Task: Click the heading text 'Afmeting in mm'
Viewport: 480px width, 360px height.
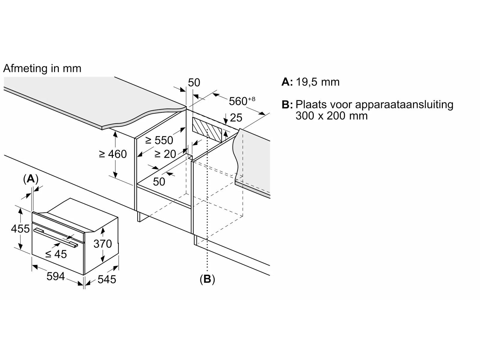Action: coord(42,69)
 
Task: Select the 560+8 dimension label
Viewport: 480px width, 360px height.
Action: coord(241,101)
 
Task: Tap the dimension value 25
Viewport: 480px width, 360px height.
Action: coord(236,118)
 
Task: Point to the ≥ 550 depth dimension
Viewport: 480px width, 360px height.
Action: coord(159,140)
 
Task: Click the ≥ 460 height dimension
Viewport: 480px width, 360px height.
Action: coord(113,154)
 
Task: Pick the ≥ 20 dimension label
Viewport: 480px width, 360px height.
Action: coord(165,154)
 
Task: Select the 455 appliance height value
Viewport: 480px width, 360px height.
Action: coord(20,229)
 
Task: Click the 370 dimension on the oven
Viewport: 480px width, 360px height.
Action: coord(103,244)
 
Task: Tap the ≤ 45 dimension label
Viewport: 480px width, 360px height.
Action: coord(56,254)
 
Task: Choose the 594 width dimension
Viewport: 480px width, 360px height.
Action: coord(56,276)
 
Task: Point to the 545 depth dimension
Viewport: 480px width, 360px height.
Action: coord(107,280)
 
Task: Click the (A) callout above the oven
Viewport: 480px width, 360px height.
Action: coord(31,179)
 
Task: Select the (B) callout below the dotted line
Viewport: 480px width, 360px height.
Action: coord(207,279)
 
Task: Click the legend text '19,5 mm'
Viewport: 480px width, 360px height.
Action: coord(318,82)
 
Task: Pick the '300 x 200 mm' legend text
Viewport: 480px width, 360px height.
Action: coord(331,116)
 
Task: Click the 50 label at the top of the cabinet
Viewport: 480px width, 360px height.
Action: coord(194,83)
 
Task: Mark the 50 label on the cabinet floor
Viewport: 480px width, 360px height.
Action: coord(159,181)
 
